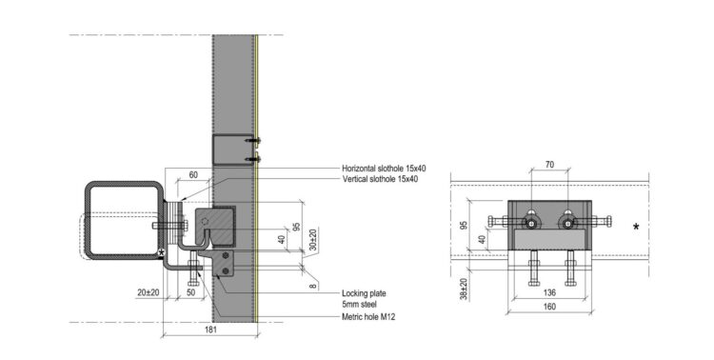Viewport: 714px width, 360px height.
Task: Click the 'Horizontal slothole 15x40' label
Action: pos(384,169)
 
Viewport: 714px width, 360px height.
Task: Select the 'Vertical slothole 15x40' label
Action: pos(380,179)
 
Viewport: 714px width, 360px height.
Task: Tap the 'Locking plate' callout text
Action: pos(364,293)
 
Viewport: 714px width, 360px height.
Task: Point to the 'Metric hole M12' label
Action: pos(368,316)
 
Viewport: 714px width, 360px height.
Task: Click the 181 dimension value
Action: pos(210,330)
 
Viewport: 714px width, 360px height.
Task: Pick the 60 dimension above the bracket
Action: pos(193,175)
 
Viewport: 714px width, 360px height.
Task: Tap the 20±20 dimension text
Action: pos(149,292)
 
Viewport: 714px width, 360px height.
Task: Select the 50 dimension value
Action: pos(191,292)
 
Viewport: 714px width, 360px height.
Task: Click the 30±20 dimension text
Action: pos(313,239)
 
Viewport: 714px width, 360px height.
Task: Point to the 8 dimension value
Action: pos(312,286)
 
